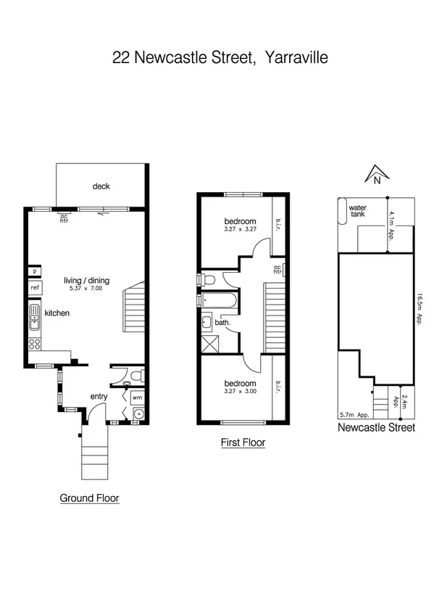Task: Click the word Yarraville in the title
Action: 297,57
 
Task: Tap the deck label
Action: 101,186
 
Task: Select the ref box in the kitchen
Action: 34,287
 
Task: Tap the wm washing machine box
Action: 137,397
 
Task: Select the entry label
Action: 99,397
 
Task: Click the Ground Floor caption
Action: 89,498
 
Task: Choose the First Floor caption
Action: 243,442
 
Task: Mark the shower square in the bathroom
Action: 212,344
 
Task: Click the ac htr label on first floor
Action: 277,269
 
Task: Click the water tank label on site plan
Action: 358,211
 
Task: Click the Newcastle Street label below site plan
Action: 377,428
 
